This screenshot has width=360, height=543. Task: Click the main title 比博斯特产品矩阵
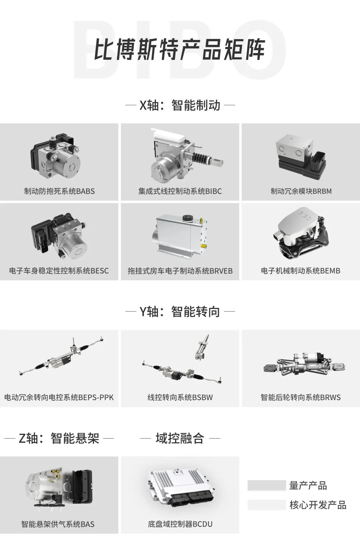point(180,49)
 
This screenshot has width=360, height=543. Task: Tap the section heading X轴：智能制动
point(180,105)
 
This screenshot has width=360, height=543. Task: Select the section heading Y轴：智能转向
point(180,312)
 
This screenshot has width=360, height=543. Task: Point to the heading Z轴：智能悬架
point(59,438)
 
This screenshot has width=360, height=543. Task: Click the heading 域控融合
point(180,438)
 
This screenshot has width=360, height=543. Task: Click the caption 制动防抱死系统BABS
point(59,191)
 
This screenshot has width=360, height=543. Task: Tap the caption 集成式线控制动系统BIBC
point(180,191)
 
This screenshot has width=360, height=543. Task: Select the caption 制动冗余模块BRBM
point(301,191)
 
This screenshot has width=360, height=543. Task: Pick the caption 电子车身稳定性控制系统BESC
point(59,271)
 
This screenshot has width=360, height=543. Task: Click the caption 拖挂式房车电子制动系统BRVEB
point(180,271)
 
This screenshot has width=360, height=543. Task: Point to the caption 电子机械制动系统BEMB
point(301,271)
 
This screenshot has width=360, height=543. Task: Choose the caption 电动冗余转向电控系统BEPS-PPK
point(59,397)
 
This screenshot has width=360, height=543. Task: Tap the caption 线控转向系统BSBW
point(180,397)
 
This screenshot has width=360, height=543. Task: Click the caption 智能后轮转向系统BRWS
point(301,397)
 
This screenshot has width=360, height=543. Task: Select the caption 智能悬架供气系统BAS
point(58,524)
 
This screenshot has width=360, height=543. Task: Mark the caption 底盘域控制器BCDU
point(180,524)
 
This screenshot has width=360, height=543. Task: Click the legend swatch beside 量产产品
point(267,485)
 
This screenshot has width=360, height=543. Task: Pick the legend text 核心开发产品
point(318,505)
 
